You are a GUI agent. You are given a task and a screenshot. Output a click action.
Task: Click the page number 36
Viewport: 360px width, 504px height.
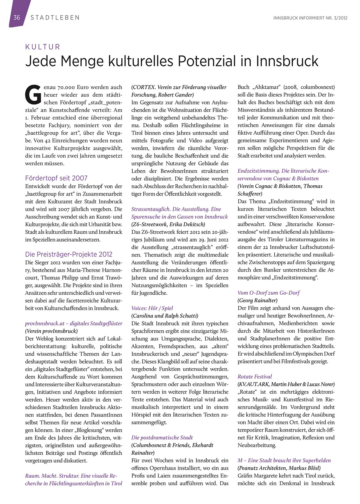(x=16, y=17)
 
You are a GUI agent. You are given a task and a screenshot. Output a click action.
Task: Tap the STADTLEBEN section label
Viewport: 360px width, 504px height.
(x=55, y=18)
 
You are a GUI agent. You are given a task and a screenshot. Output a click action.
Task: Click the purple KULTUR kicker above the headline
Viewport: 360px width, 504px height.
(x=43, y=47)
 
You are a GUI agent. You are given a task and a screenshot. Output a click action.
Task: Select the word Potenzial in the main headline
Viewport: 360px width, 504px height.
(x=207, y=61)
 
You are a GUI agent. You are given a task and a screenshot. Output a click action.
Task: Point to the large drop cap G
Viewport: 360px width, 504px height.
(x=33, y=93)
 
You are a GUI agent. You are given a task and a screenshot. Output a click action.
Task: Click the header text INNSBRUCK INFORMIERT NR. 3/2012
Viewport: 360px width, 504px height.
(x=310, y=18)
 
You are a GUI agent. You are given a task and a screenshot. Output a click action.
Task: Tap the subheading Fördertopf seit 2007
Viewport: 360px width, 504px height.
(x=56, y=178)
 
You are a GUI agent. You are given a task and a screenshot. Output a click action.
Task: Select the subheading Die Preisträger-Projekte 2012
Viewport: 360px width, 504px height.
(x=69, y=254)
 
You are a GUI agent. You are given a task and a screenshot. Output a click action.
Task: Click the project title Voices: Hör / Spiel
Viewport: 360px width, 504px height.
(x=152, y=308)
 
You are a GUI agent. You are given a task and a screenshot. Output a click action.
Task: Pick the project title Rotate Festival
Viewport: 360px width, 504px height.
(x=255, y=377)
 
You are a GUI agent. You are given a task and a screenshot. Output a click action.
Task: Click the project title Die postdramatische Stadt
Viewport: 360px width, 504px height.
(x=162, y=438)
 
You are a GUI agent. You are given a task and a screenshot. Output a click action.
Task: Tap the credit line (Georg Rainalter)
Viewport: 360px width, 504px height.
(x=257, y=300)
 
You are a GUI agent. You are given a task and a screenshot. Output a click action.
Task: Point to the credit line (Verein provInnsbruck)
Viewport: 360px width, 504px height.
(x=51, y=331)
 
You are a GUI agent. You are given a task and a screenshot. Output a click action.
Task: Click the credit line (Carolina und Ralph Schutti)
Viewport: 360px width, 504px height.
(x=165, y=316)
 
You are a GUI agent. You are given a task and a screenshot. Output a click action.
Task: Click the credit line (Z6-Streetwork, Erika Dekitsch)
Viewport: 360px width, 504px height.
(x=168, y=224)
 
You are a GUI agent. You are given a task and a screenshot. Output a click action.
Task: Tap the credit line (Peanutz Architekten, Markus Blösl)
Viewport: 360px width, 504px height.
(x=279, y=468)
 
